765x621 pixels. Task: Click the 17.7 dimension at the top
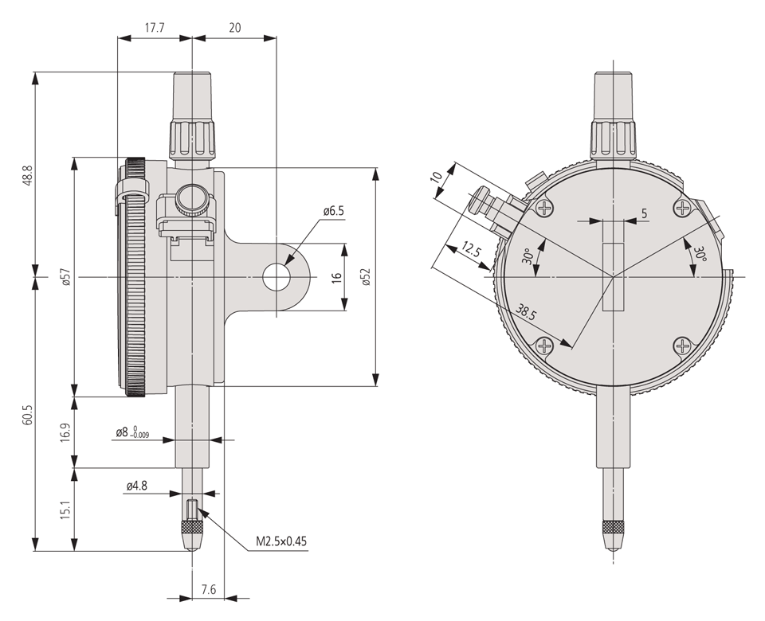tap(154, 27)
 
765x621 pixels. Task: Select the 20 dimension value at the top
tap(235, 27)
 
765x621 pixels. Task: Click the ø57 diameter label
tap(66, 276)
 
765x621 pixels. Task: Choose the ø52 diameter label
tap(366, 276)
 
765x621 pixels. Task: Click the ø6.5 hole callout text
tap(333, 211)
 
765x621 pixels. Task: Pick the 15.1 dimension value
tap(66, 510)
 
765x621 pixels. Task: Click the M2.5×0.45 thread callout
tap(281, 541)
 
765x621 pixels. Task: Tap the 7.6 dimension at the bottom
tap(208, 589)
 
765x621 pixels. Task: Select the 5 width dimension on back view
tap(644, 213)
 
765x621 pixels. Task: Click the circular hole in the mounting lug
tap(277, 276)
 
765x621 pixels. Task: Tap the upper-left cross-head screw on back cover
tap(545, 209)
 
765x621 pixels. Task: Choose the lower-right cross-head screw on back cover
tap(683, 346)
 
